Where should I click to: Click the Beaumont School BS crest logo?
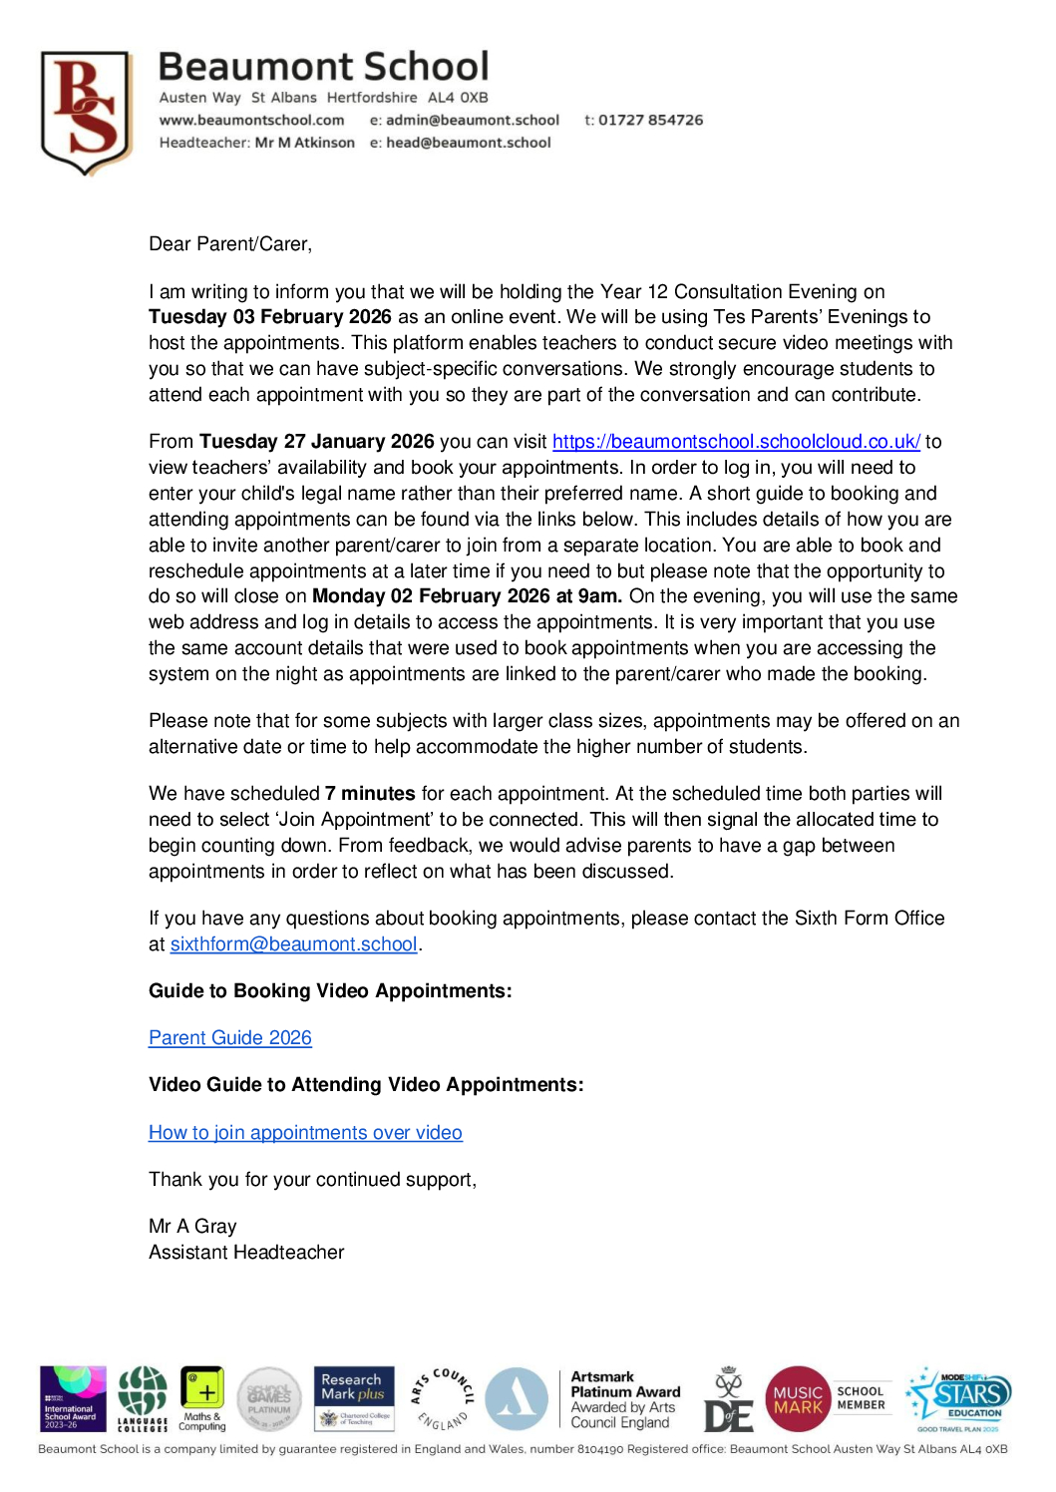click(x=87, y=112)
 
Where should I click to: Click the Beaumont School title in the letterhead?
click(x=323, y=67)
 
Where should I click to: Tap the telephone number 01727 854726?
click(x=650, y=120)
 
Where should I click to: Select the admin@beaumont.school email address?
click(x=473, y=120)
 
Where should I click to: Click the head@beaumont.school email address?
click(x=469, y=143)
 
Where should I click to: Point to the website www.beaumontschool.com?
click(x=251, y=120)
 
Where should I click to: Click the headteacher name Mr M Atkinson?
click(x=304, y=143)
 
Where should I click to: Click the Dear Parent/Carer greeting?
click(x=230, y=244)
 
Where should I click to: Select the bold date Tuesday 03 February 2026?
click(x=269, y=317)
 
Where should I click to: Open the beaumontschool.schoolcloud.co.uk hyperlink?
click(x=736, y=442)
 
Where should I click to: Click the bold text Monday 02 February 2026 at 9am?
click(x=467, y=596)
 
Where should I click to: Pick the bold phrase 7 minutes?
click(x=370, y=794)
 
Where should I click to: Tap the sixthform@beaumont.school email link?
click(x=293, y=944)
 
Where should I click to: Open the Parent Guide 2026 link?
click(x=230, y=1038)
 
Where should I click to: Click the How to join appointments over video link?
click(x=305, y=1133)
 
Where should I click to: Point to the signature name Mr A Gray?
click(x=192, y=1227)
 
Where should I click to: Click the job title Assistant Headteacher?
click(x=246, y=1253)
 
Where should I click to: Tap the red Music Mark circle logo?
click(x=798, y=1399)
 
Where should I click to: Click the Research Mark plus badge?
click(x=354, y=1398)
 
